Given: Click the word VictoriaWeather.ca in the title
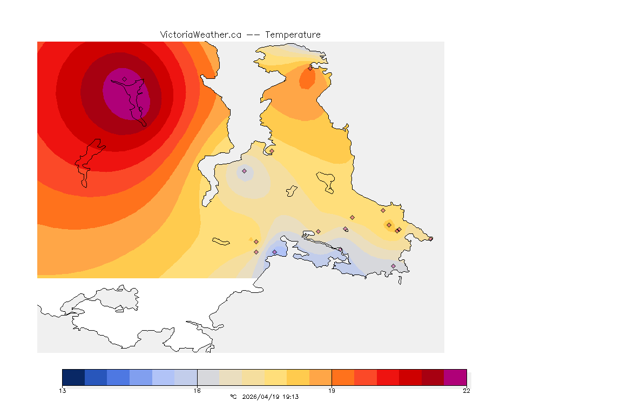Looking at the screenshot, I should pos(200,35).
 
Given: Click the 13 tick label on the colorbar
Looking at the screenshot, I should pos(63,391).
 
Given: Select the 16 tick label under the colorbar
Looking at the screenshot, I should pos(197,391).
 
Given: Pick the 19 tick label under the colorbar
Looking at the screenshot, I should pos(332,391).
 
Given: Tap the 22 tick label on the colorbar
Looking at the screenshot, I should pos(466,391).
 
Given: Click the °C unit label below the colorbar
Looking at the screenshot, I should pos(233,397).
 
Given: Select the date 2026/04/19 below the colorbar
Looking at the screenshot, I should pos(262,397).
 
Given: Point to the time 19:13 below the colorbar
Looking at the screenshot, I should pos(290,397).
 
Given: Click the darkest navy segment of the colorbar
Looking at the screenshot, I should pos(73,377).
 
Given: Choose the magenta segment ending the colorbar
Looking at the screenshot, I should pos(455,377).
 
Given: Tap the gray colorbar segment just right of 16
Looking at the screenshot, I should pos(208,377).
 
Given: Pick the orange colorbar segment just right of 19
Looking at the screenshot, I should pos(342,377).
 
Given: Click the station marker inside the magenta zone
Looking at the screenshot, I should pos(124,79).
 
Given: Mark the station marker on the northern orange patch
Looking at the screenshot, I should pos(310,68).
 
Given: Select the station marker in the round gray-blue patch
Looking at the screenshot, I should pos(244,171).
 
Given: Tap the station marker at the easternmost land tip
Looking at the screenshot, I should pos(430,238).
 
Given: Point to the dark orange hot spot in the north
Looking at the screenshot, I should pos(307,80).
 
